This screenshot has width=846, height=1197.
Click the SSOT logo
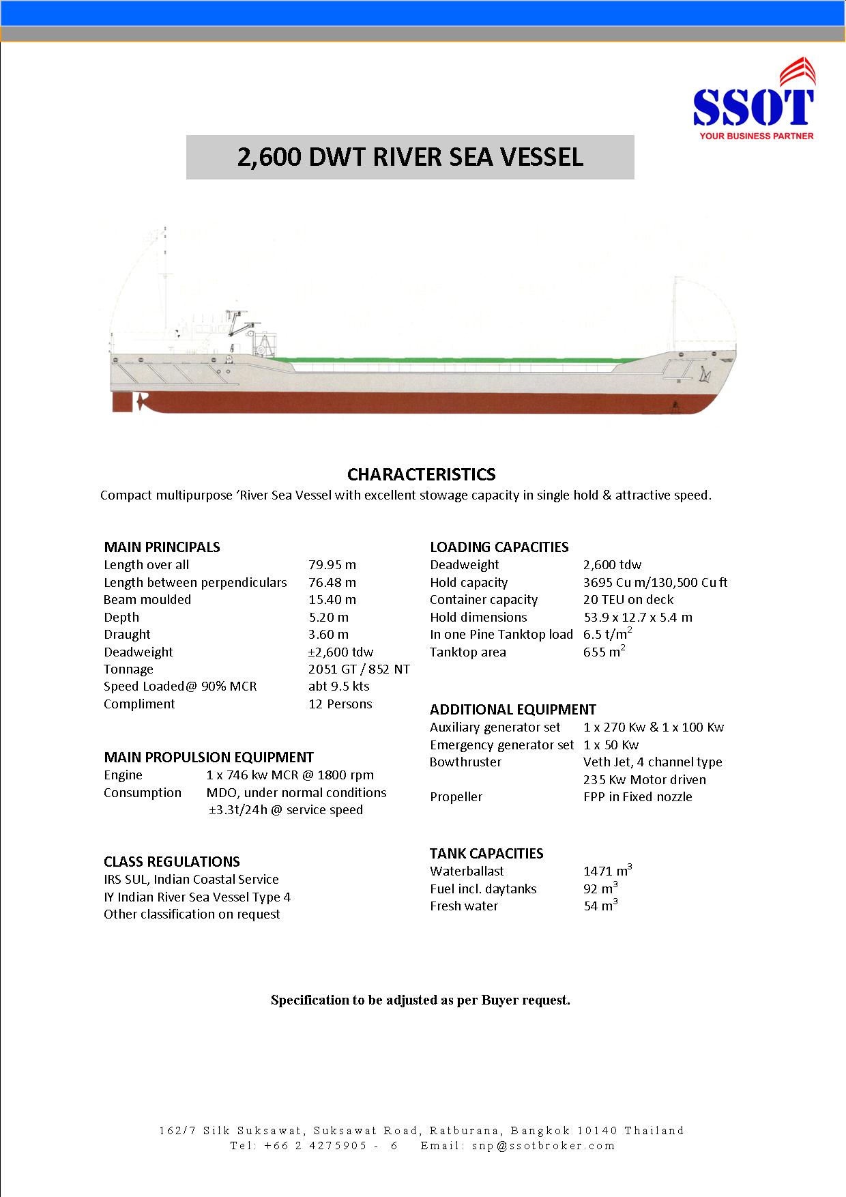point(753,102)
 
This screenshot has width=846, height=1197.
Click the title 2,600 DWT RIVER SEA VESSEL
point(410,157)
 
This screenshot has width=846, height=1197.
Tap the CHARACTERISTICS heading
point(421,474)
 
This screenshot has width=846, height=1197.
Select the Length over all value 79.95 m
point(332,565)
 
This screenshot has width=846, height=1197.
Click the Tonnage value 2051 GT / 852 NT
point(359,669)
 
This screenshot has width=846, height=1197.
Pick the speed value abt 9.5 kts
point(338,687)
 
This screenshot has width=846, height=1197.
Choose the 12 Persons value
point(340,704)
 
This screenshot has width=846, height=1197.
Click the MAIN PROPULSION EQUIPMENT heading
point(209,758)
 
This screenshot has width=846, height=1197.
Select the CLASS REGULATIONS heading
point(172,862)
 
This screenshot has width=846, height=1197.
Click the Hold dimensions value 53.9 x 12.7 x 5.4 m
point(638,618)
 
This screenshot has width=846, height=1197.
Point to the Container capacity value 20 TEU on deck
point(628,600)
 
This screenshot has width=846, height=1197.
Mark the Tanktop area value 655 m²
point(604,652)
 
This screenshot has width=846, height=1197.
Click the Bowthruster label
point(465,762)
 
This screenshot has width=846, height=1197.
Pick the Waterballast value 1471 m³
point(607,871)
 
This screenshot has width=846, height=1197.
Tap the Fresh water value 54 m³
point(600,906)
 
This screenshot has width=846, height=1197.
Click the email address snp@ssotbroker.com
point(544,1146)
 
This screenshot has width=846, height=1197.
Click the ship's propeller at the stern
point(141,402)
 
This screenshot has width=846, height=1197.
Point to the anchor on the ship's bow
point(703,374)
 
